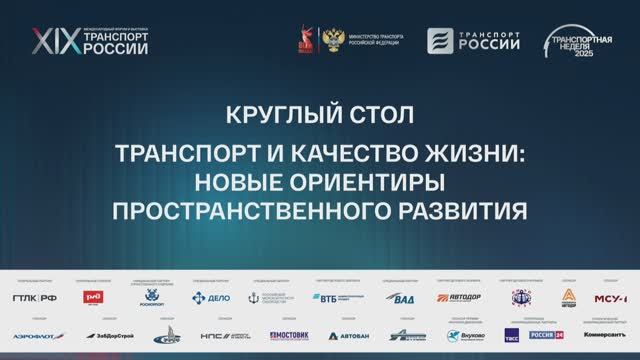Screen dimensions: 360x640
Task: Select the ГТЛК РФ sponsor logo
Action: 34,297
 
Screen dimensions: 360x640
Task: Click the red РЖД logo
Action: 93,297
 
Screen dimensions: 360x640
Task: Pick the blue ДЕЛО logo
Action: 211,297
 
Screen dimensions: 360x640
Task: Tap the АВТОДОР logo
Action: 458,297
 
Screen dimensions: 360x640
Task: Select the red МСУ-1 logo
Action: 611,297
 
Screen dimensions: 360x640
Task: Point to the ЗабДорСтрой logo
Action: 109,336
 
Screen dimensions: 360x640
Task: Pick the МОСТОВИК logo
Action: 289,336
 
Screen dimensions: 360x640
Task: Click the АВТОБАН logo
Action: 347,336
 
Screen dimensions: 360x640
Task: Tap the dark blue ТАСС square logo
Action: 511,335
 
